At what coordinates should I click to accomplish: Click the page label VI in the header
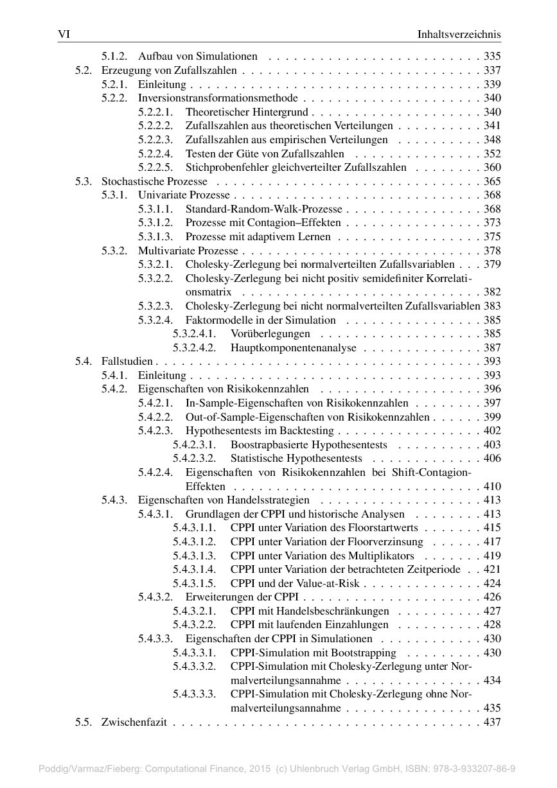click(64, 34)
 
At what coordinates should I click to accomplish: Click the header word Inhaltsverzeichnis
click(459, 34)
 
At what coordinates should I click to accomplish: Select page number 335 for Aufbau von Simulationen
click(492, 57)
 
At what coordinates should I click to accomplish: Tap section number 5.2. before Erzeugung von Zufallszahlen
click(84, 71)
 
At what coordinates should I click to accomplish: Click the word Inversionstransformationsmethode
click(218, 98)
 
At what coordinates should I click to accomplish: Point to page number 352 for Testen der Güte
click(492, 154)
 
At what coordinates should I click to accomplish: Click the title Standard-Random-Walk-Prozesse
click(264, 209)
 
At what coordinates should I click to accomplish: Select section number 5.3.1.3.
click(155, 237)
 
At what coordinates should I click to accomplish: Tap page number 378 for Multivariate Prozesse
click(492, 251)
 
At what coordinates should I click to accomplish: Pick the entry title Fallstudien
click(127, 362)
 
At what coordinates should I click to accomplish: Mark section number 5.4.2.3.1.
click(194, 445)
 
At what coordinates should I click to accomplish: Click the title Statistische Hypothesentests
click(296, 459)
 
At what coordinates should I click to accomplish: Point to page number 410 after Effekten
click(492, 486)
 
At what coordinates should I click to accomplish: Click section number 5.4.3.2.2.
click(194, 625)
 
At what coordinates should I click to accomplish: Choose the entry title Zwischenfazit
click(134, 722)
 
